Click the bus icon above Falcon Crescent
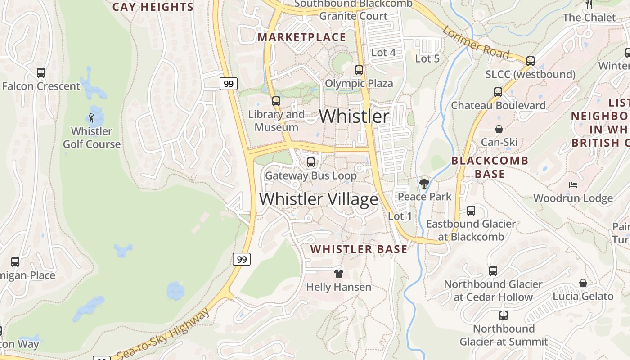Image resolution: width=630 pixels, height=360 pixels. coord(41,72)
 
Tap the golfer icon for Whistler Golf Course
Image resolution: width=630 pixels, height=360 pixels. coord(91,118)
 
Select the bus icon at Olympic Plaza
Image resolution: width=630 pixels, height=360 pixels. coord(359,70)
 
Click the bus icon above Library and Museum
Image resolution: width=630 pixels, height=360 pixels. coord(276,101)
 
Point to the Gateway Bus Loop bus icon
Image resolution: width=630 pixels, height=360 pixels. coord(310,162)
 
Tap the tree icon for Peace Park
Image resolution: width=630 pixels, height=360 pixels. coord(424,183)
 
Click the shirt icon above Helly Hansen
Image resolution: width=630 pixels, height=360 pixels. coord(339,273)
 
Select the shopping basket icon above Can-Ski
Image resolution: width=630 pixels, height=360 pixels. coord(499,129)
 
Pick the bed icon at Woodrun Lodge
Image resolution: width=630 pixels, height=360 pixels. coord(573,185)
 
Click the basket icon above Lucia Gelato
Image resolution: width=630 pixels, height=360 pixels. coord(583,283)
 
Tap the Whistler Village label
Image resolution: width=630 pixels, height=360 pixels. coord(319,199)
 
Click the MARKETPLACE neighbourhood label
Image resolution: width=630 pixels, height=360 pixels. coord(301,37)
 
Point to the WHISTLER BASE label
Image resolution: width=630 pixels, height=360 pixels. coord(359,249)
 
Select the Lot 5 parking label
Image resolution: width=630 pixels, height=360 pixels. coord(427,58)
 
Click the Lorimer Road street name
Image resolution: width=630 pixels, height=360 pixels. coord(476,43)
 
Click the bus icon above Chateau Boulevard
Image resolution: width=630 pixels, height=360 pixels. coord(498,92)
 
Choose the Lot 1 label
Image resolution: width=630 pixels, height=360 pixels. coord(400,216)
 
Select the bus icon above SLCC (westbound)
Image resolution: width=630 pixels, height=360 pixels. coord(531,61)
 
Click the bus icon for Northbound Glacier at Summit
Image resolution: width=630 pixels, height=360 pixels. coord(503,315)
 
